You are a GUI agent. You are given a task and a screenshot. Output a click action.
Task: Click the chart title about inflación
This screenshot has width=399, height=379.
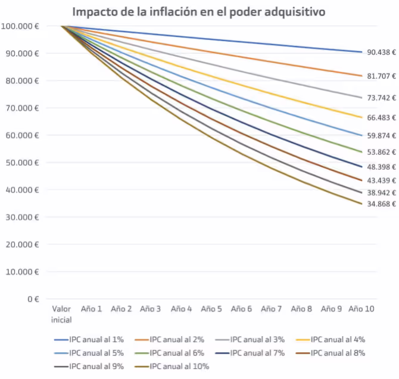199,11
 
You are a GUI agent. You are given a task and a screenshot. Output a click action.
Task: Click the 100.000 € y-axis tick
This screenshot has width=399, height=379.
20,26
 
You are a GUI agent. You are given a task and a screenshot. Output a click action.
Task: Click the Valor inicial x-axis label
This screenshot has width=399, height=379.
61,314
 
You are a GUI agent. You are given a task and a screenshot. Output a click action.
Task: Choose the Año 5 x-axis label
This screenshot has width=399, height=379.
211,309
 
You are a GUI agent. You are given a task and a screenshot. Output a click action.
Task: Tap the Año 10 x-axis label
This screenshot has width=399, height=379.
361,309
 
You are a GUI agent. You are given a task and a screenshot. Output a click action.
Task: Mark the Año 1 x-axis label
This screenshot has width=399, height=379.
91,309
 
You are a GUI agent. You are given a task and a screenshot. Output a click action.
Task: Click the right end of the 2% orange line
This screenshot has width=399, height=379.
361,76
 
